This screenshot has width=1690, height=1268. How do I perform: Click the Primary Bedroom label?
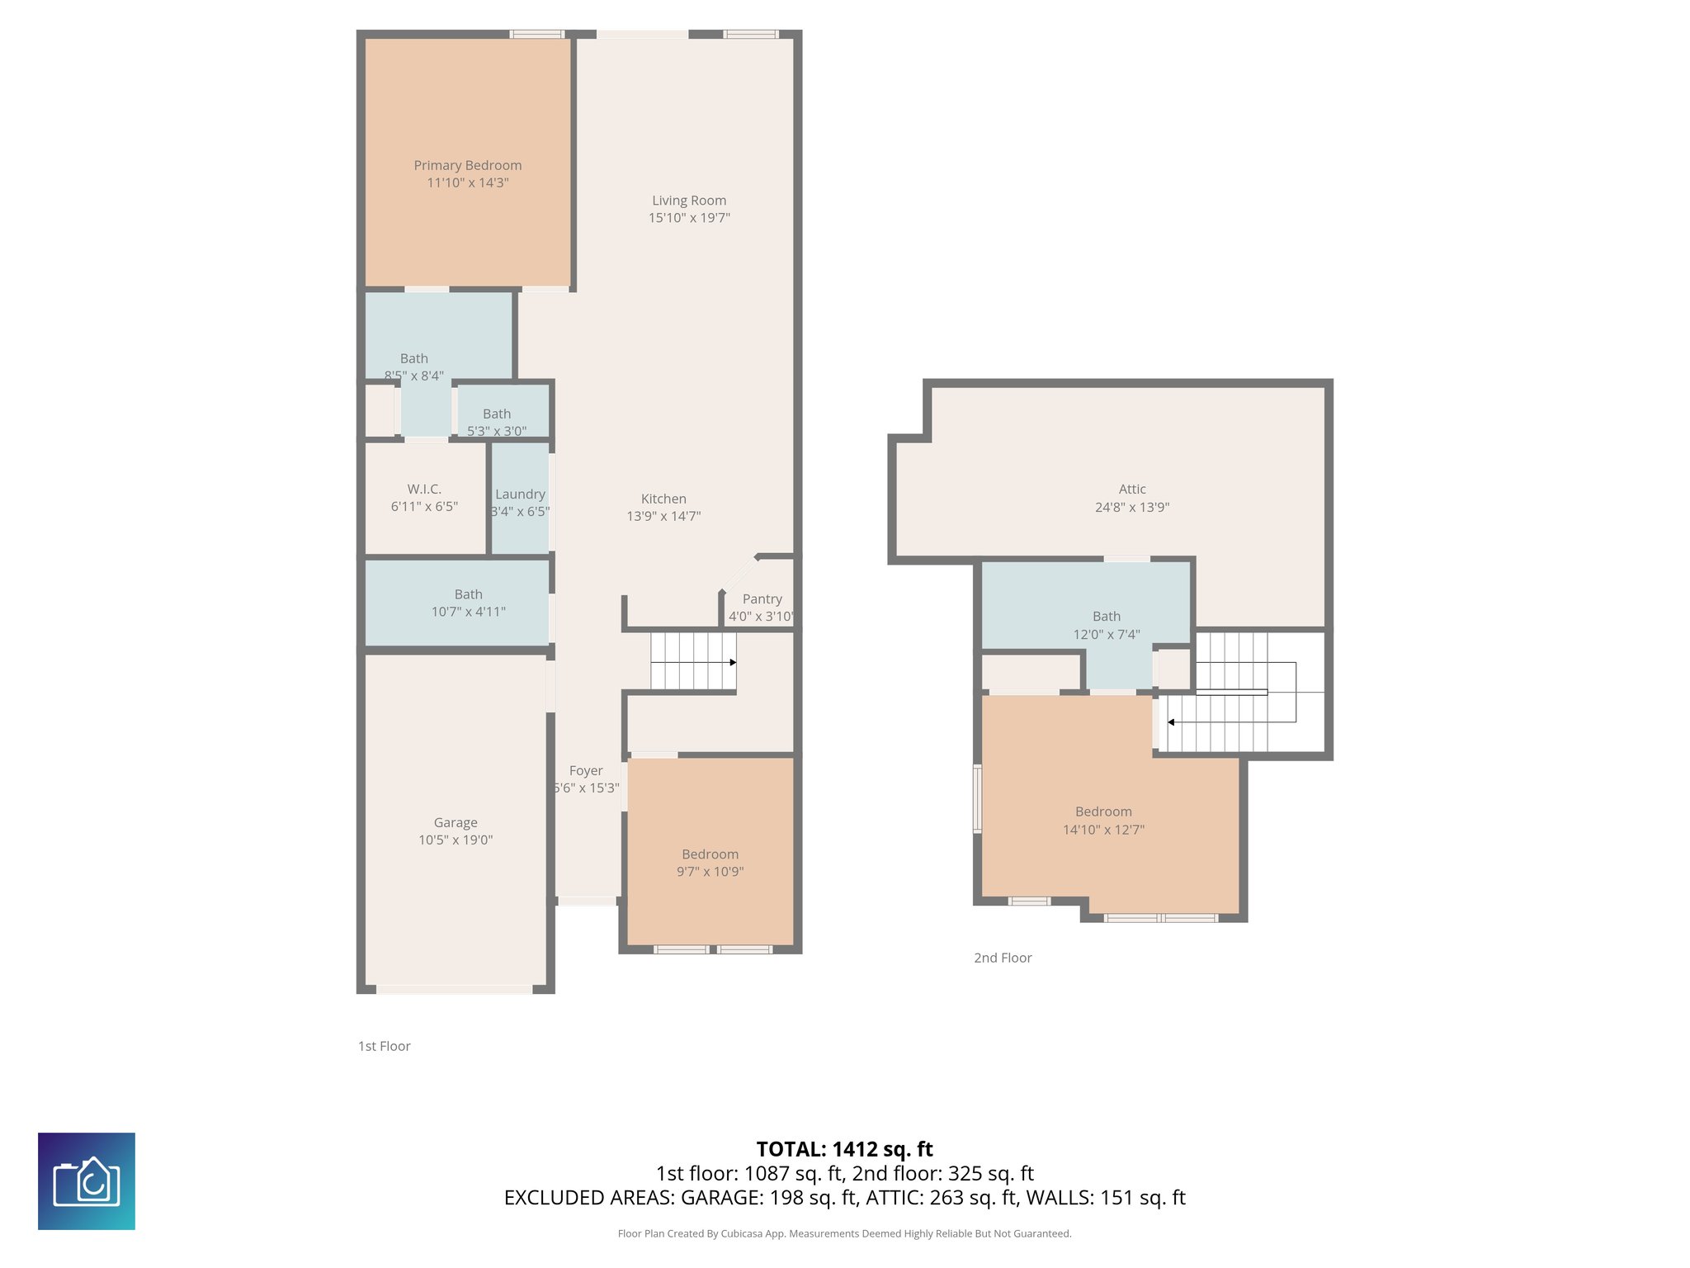click(x=467, y=165)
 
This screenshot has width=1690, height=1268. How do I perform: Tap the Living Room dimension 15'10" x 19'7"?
click(x=689, y=218)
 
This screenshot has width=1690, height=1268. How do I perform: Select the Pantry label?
click(x=762, y=599)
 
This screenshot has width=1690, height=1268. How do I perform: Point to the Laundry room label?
click(x=520, y=494)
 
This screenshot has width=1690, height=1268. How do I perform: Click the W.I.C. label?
click(x=424, y=489)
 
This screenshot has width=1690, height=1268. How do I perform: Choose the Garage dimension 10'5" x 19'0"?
click(x=456, y=840)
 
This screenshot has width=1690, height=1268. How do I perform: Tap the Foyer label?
click(x=586, y=770)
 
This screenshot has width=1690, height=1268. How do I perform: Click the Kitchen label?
click(x=663, y=499)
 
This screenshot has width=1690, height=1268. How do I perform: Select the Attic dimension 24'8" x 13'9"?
click(x=1132, y=507)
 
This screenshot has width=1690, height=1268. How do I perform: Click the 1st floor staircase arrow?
click(x=732, y=662)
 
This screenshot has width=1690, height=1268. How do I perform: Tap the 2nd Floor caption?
click(x=1003, y=958)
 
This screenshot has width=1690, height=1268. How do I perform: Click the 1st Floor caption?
click(x=384, y=1046)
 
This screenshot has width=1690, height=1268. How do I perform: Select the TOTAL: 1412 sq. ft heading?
click(x=844, y=1149)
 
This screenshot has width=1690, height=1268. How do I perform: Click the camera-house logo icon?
click(x=87, y=1181)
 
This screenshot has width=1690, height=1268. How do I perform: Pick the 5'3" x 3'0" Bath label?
click(x=497, y=414)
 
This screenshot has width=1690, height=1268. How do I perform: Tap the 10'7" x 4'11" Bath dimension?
click(x=468, y=612)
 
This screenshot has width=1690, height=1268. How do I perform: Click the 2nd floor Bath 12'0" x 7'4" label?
click(x=1107, y=617)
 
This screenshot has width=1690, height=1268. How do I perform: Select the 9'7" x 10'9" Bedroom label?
click(x=710, y=854)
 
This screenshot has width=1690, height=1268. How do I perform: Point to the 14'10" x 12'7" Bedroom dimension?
click(x=1103, y=830)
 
